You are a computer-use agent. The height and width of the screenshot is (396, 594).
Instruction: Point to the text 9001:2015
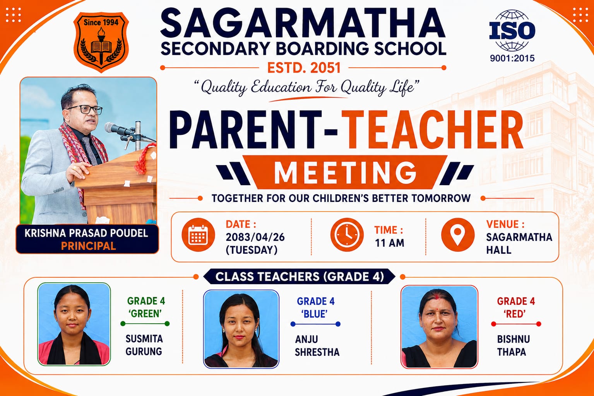512,58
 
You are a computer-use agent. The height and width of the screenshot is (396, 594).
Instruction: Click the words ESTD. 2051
304,68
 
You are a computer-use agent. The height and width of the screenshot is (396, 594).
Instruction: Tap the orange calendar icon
198,235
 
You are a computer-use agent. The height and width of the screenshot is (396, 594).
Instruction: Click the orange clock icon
347,235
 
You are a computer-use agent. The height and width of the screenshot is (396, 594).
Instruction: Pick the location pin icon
458,235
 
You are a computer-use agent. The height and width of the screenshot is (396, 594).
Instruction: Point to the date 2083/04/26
255,237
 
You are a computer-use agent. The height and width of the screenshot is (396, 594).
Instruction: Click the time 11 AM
389,243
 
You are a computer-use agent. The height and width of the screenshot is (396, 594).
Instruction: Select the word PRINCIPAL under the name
88,246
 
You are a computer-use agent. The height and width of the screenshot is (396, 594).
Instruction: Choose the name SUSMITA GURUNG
144,345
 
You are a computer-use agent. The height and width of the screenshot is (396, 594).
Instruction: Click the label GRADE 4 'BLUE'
315,308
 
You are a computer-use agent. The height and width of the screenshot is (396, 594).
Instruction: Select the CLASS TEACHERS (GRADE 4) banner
300,277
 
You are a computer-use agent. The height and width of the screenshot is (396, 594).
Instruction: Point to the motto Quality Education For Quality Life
306,87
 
